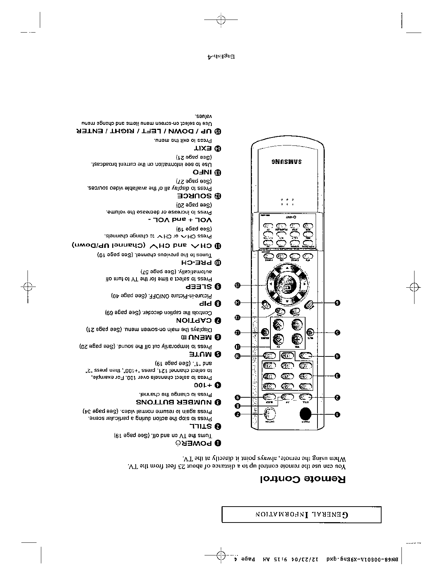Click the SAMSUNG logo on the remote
[286, 161]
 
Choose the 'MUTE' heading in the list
[201, 354]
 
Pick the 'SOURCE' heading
[194, 196]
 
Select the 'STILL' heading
[201, 426]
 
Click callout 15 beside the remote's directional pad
[237, 285]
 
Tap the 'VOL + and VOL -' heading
[180, 220]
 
